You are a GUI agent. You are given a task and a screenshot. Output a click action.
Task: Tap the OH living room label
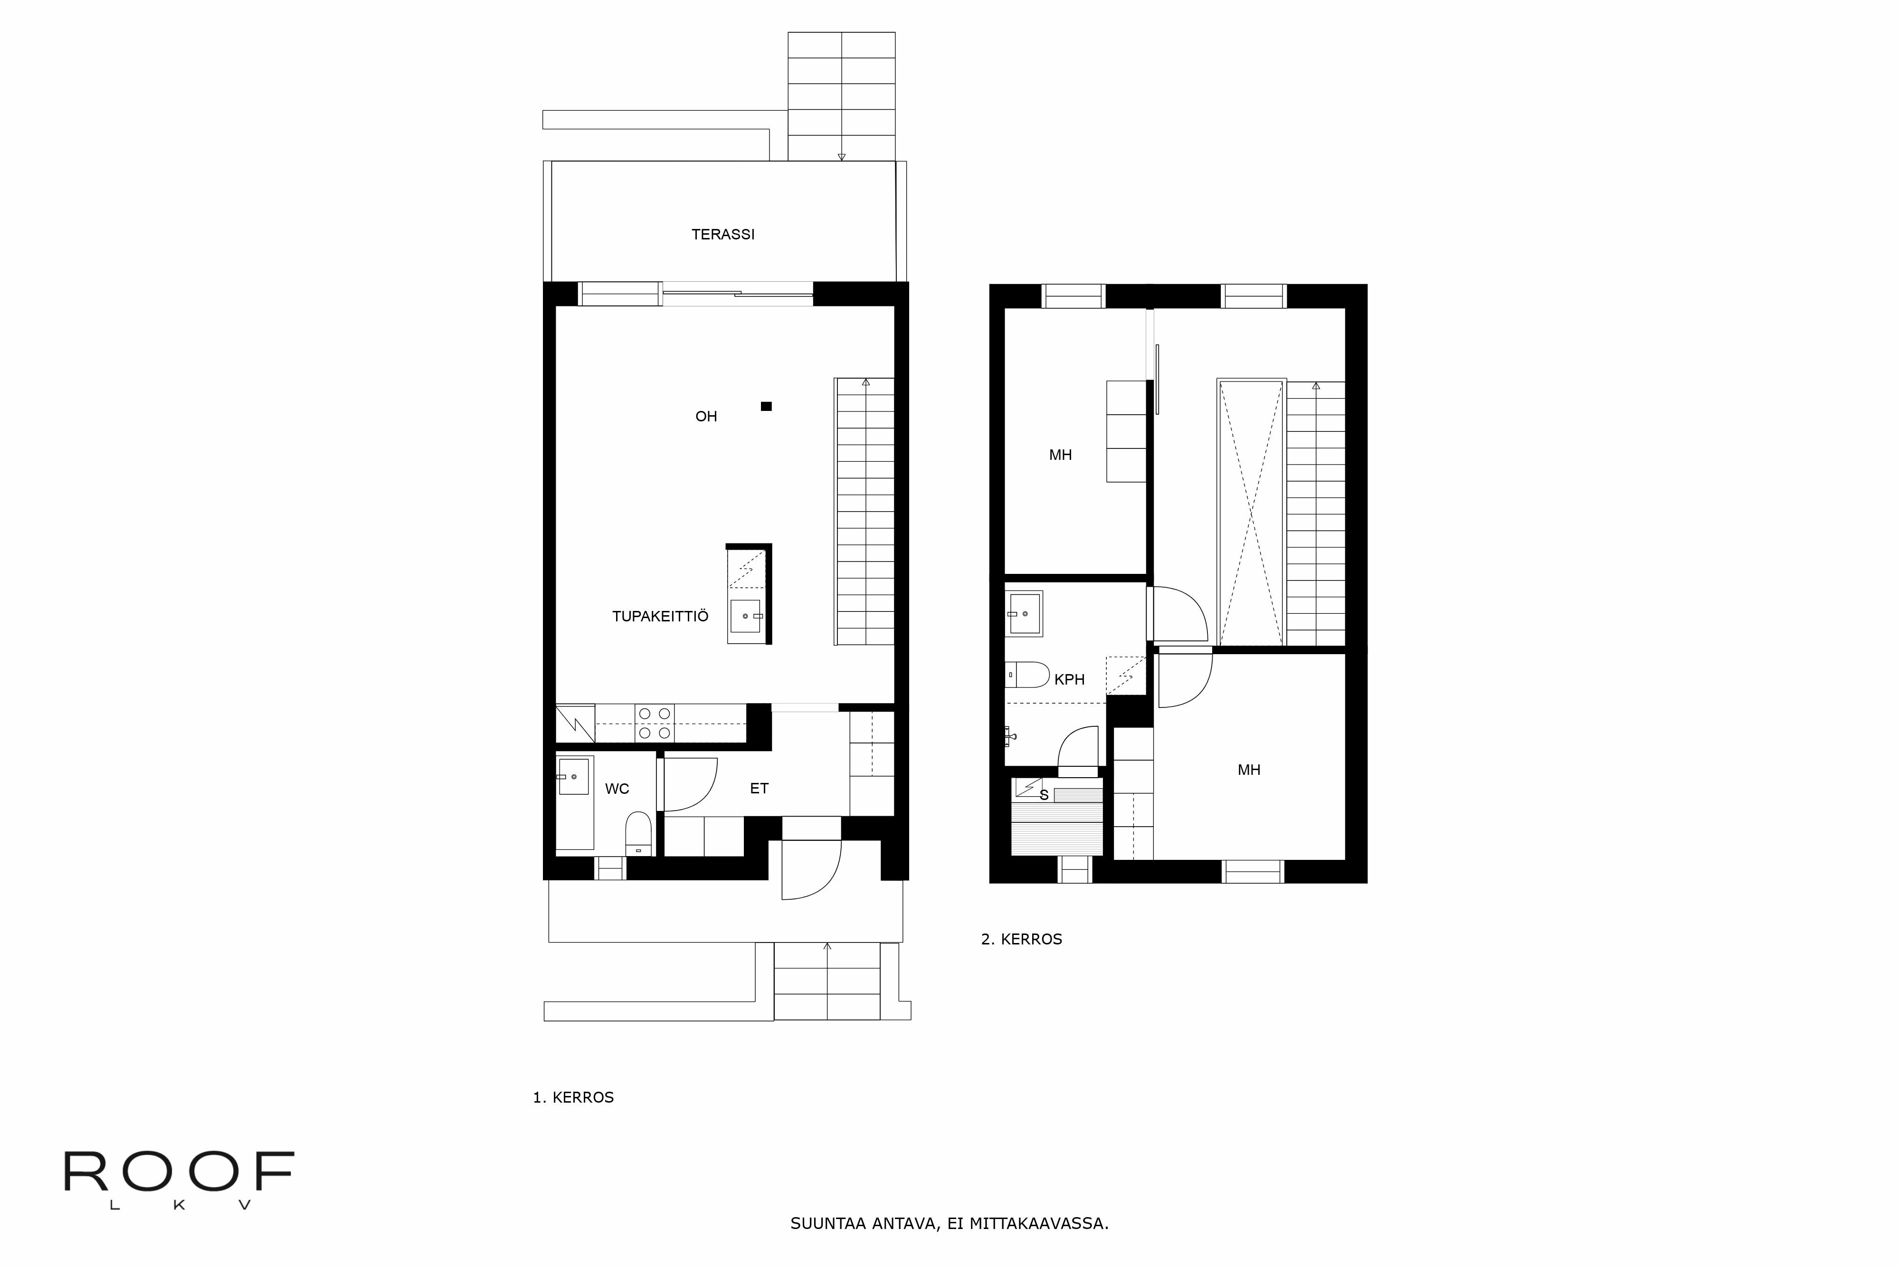(x=706, y=416)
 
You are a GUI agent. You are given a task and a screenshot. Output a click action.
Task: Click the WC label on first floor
(x=617, y=789)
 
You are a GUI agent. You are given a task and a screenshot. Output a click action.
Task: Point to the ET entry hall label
(x=759, y=788)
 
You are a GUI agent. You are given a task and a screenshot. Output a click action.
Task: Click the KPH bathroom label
(x=1069, y=679)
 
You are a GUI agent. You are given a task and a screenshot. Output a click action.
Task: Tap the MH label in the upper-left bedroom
(x=1060, y=455)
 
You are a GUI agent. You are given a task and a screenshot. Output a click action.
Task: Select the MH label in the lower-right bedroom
(x=1249, y=770)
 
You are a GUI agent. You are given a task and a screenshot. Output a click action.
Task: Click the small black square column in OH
(x=766, y=407)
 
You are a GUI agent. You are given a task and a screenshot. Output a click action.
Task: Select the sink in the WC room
(x=573, y=777)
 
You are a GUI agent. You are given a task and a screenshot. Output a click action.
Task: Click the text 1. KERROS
(x=573, y=1097)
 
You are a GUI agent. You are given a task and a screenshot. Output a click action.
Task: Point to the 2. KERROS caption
(x=1021, y=939)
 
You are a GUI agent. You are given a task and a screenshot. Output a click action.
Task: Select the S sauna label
(x=1044, y=796)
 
